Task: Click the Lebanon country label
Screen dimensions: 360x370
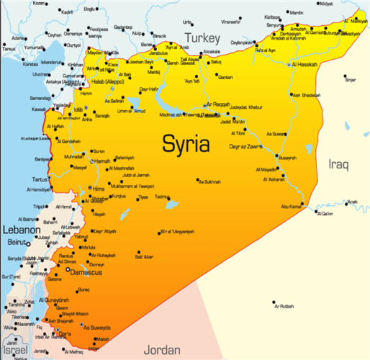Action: (x=19, y=230)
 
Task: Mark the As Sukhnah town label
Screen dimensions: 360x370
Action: (x=209, y=181)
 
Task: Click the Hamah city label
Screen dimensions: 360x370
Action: (x=102, y=161)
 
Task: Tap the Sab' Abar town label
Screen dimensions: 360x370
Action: (x=144, y=256)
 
